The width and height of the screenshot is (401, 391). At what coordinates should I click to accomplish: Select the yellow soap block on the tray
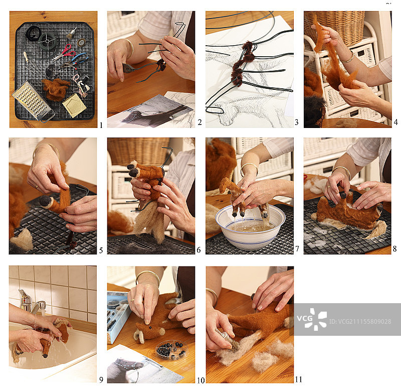click(74, 105)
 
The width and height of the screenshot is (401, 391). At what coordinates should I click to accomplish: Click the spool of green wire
click(47, 41)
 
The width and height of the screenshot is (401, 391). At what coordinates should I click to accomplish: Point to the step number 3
click(296, 122)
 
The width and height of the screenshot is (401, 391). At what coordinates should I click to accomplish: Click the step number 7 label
click(297, 248)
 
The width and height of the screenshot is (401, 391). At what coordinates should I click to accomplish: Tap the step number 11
click(298, 379)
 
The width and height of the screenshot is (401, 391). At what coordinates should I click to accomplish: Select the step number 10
click(201, 380)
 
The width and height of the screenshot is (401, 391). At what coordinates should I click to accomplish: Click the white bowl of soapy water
click(250, 226)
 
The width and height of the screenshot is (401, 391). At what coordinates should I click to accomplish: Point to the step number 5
click(101, 250)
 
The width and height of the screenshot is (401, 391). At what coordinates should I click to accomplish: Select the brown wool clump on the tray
click(56, 89)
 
